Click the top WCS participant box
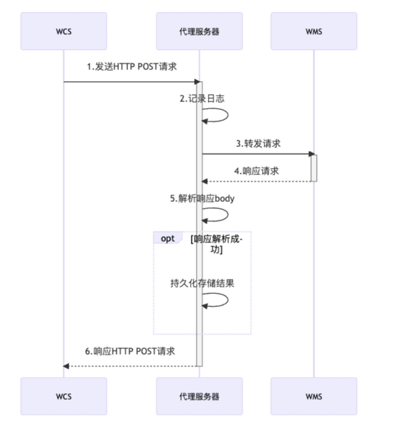pos(64,31)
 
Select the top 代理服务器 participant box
pos(199,31)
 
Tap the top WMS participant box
pos(313,31)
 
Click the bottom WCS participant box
pos(64,396)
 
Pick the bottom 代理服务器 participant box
pos(199,396)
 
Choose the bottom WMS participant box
pos(313,396)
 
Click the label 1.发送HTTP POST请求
pos(132,67)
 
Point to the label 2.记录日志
pos(202,98)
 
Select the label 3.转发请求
pos(258,143)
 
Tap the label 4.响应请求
pos(256,171)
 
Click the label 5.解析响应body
pos(202,199)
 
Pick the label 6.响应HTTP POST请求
pos(130,351)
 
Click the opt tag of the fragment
pos(168,238)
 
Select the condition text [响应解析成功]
pos(216,244)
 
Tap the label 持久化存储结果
pos(202,283)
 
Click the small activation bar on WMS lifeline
pos(313,168)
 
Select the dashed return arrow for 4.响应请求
pos(257,181)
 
